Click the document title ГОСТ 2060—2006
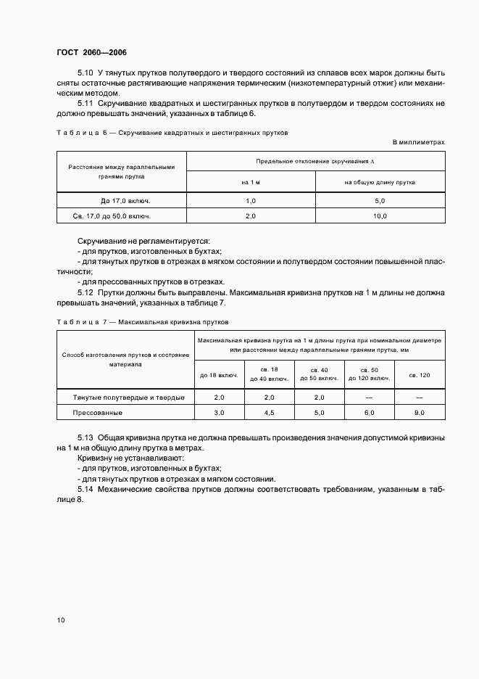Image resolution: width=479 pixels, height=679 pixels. (x=91, y=53)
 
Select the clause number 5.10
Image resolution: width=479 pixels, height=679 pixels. (x=86, y=73)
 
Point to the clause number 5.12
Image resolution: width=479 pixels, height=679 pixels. (x=86, y=292)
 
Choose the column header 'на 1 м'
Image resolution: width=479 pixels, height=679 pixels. (x=251, y=183)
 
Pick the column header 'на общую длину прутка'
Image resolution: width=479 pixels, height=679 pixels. (x=380, y=183)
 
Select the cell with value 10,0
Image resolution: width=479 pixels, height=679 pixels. (x=380, y=216)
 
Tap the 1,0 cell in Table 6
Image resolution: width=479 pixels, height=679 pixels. (x=251, y=200)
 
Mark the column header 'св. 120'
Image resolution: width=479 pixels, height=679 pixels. (x=419, y=374)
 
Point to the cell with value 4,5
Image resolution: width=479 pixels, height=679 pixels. (x=269, y=412)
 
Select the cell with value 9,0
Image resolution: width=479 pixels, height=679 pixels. (x=419, y=412)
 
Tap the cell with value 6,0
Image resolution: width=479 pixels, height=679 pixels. (x=369, y=412)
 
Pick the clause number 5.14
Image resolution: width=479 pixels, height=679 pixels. (x=86, y=490)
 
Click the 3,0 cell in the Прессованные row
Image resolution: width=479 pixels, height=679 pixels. (x=219, y=412)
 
